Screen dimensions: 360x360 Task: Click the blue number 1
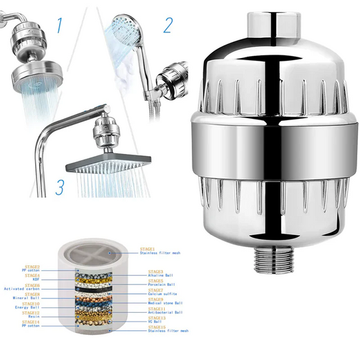click(59, 26)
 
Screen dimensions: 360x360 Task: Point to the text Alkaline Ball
click(162, 276)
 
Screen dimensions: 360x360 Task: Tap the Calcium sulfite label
click(165, 294)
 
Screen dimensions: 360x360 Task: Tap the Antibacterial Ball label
click(166, 313)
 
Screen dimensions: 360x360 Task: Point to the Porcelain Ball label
click(163, 285)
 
